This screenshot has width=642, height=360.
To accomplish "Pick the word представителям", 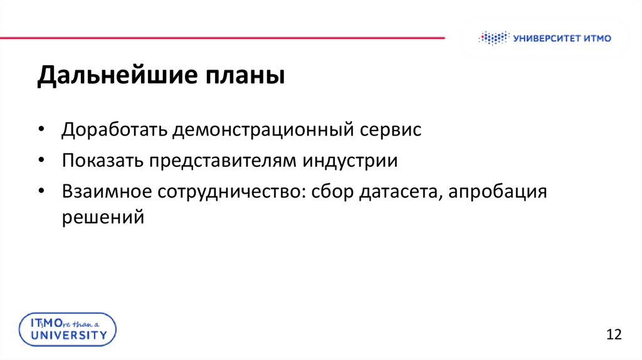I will click(224, 161).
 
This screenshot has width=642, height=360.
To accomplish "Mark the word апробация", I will click(500, 192).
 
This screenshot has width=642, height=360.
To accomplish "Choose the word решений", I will click(103, 218).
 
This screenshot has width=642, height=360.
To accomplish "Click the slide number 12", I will click(614, 334).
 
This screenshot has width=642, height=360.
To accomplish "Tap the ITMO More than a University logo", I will click(66, 329).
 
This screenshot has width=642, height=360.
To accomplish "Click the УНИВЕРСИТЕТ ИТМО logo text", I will click(561, 38).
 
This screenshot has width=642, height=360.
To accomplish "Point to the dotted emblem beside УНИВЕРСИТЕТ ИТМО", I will click(492, 38).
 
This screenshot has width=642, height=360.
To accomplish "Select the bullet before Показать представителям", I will click(41, 161).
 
